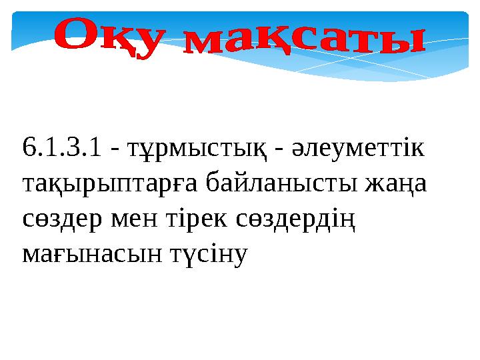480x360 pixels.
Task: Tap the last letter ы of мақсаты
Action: [x=403, y=44]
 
